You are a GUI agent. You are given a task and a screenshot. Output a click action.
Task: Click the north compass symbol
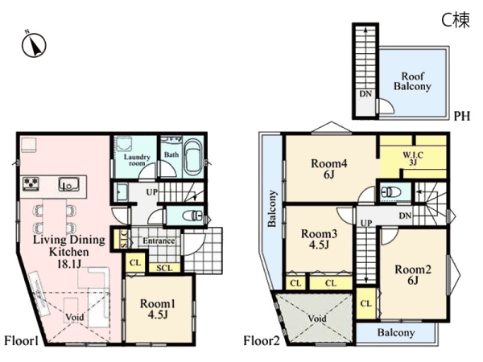click(x=34, y=45)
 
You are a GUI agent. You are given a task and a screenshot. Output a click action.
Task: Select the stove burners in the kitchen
click(x=31, y=183)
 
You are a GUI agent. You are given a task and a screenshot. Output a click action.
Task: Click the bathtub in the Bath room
click(x=193, y=158)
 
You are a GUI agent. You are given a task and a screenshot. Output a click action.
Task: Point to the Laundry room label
click(x=137, y=160)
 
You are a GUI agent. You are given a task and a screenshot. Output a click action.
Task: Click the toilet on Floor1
click(x=193, y=215)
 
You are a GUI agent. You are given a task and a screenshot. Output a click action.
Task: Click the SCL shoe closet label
click(x=164, y=268)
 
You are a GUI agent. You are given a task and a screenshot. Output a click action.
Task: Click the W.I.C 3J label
click(x=413, y=158)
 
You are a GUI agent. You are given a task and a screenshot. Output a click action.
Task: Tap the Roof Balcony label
click(x=412, y=81)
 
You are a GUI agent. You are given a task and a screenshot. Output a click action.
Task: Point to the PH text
click(x=462, y=116)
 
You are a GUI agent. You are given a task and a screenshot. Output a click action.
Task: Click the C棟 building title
click(x=456, y=20)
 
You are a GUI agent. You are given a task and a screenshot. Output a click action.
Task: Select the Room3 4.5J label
click(x=319, y=239)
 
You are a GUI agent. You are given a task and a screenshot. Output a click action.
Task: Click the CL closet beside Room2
click(x=366, y=304)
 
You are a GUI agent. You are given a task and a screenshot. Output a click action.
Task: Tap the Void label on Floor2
click(x=317, y=319)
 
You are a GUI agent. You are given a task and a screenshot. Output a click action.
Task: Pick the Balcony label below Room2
click(x=396, y=332)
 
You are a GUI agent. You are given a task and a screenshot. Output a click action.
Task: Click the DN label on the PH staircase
click(x=365, y=94)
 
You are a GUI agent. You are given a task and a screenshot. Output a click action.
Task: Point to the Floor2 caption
click(x=262, y=341)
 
